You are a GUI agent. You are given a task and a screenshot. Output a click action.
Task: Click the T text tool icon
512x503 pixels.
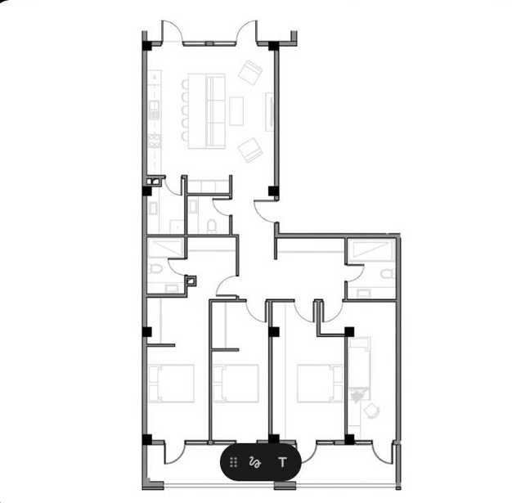[x=282, y=462]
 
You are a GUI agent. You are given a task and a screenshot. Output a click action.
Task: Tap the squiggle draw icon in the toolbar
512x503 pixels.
[x=254, y=462]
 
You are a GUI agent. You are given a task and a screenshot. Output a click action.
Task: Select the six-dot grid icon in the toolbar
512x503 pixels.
[x=233, y=462]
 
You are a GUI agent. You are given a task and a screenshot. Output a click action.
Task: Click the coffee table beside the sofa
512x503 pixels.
[x=236, y=111]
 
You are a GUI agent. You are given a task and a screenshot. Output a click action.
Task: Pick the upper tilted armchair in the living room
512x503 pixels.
[x=250, y=72]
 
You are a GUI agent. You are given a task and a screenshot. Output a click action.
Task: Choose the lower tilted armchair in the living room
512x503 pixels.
[x=250, y=150]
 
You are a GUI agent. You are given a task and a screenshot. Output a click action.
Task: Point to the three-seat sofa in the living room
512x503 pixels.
[x=215, y=111]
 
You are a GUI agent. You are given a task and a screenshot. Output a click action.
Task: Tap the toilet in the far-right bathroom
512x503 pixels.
[x=387, y=274]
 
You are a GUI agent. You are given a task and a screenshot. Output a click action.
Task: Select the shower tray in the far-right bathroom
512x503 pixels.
[x=371, y=251]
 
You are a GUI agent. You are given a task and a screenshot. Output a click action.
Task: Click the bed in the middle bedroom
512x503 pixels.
[x=236, y=383]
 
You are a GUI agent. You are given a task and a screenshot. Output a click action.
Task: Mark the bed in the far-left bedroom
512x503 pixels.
[x=171, y=383]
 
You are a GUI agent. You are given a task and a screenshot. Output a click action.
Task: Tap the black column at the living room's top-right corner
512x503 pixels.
[x=273, y=46]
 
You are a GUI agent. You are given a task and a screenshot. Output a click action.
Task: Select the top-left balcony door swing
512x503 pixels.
[x=172, y=32]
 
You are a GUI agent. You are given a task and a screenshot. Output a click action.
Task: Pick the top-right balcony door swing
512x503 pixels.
[x=247, y=32]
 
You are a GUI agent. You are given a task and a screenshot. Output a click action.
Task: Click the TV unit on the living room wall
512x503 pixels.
[x=269, y=112]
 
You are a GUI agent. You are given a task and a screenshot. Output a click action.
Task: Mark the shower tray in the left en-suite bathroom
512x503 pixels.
[x=165, y=247]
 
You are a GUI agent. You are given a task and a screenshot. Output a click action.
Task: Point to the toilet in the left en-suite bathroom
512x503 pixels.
[x=155, y=269]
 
